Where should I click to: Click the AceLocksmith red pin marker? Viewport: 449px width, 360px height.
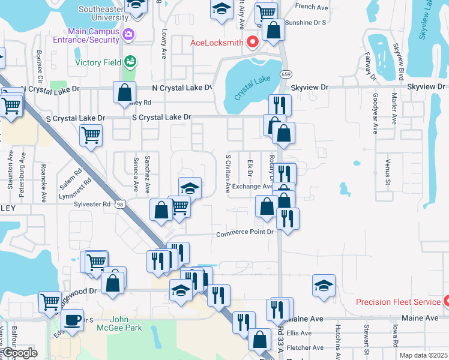(253, 42)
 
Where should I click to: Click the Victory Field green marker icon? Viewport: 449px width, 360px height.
(130, 61)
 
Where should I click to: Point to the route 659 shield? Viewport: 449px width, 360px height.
(286, 74)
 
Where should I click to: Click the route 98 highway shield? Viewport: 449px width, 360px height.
(121, 205)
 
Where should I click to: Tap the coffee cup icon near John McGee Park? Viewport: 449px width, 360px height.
(73, 319)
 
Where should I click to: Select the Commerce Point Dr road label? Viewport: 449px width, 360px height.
(245, 233)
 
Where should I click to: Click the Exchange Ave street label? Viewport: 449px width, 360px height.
(253, 187)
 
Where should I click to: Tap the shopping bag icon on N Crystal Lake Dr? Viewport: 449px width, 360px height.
(124, 92)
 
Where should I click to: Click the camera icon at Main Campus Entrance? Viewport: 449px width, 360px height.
(127, 35)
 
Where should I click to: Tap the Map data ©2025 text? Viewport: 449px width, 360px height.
(423, 355)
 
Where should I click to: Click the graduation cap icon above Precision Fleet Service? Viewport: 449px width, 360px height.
(324, 286)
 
